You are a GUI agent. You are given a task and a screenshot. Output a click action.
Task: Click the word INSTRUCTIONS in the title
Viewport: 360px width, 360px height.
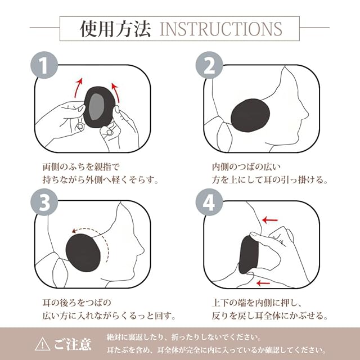(221, 29)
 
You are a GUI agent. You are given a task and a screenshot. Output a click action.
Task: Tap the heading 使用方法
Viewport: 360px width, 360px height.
(115, 29)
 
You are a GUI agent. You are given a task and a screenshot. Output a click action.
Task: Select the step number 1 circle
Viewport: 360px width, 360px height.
(44, 65)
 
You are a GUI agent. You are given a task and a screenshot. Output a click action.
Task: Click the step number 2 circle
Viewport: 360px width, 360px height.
(209, 65)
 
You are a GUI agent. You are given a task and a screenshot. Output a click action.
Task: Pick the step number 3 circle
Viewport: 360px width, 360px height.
(44, 202)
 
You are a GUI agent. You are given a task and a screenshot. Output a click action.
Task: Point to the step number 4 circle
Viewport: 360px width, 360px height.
(209, 202)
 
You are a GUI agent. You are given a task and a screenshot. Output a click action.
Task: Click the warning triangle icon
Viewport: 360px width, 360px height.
(43, 344)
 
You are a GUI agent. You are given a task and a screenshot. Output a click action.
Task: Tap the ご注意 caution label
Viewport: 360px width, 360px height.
(73, 344)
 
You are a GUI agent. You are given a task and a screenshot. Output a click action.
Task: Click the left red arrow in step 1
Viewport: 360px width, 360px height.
(78, 88)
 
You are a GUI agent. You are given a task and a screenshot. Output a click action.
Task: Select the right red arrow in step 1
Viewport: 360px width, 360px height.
(117, 92)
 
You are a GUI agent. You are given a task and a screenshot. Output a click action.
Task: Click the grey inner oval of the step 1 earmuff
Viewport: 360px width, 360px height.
(97, 106)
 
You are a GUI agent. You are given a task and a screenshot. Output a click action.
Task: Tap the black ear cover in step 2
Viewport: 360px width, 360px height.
(250, 115)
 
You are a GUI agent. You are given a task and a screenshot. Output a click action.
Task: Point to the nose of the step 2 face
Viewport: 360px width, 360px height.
(306, 114)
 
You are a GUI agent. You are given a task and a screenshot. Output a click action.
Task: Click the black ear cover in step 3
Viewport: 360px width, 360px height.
(83, 253)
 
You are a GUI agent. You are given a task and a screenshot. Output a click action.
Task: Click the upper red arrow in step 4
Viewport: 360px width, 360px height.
(270, 220)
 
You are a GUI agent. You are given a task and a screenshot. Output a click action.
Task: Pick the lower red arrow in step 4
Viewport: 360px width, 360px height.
(263, 283)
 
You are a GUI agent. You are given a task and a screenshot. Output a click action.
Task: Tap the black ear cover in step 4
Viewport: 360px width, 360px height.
(249, 255)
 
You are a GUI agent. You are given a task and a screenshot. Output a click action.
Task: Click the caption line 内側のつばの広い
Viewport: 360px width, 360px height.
(246, 167)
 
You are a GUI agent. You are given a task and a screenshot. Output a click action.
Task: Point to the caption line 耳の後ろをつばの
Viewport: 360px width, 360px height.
(76, 303)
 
